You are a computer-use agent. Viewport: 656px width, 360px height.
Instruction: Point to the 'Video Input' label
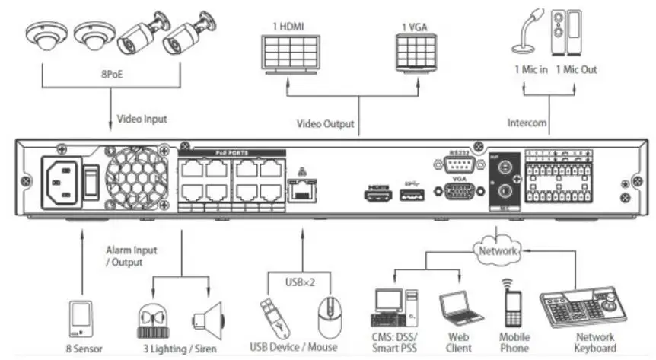[142, 119]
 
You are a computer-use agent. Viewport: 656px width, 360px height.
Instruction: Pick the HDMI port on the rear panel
[378, 194]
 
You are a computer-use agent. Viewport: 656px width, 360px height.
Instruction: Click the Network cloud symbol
[498, 250]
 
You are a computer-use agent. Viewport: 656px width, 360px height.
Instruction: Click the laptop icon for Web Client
[460, 308]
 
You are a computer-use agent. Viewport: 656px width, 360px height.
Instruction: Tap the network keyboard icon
[585, 307]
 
